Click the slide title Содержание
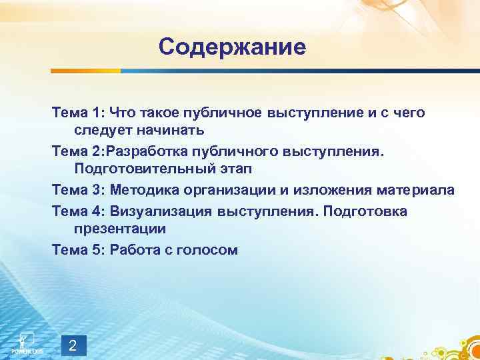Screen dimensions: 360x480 232,47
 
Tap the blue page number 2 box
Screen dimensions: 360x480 73,345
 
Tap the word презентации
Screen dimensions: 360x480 119,228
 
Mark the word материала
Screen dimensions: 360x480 417,191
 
